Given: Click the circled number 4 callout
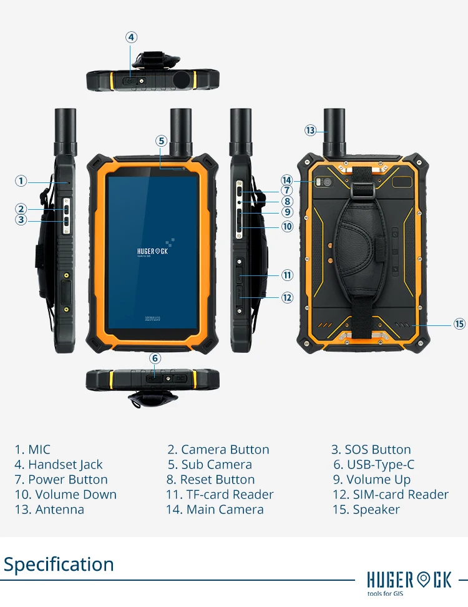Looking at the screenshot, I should click(x=131, y=37).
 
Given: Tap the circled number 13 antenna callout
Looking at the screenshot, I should click(x=311, y=131).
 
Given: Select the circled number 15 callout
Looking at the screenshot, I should click(x=459, y=323).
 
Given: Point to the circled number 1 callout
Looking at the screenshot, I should click(x=21, y=181).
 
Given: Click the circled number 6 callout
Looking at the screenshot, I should click(x=155, y=358).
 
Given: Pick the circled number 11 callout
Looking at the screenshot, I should click(x=287, y=275).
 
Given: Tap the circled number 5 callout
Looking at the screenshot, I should click(x=162, y=141).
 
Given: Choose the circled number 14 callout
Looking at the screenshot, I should click(x=287, y=180).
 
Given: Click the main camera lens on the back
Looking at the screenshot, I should click(x=326, y=182).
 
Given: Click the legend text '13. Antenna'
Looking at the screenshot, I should click(x=49, y=510).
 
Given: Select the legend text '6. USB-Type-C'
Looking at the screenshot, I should click(x=373, y=465).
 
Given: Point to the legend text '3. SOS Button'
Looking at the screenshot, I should click(x=371, y=450).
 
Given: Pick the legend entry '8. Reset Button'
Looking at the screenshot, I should click(x=210, y=480).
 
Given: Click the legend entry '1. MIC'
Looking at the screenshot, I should click(x=32, y=450).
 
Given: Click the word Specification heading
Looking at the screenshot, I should click(x=59, y=565).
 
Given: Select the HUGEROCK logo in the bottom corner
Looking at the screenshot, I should click(x=409, y=581).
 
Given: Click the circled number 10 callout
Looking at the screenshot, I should click(x=287, y=227).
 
